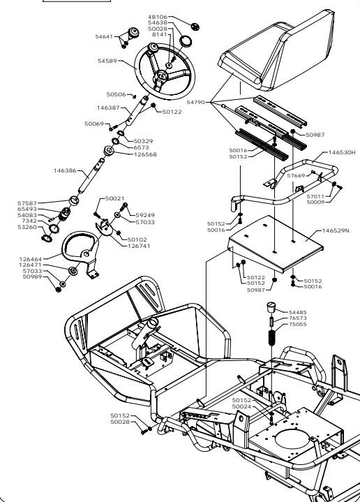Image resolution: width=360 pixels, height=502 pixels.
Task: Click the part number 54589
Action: pos(107,61)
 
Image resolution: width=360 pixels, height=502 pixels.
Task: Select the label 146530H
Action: pos(342,152)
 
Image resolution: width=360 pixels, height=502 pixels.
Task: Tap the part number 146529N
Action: pos(336,231)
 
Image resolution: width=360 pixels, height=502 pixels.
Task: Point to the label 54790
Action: pos(196,103)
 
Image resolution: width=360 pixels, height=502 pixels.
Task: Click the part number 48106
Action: pos(158,17)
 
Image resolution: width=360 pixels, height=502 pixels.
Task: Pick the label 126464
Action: pos(31,259)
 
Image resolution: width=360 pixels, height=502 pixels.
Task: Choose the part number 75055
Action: pos(298,325)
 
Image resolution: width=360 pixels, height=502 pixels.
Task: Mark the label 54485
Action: pos(298,312)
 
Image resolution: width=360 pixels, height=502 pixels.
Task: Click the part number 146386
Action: pos(65,170)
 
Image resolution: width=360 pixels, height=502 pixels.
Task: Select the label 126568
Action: pos(145,154)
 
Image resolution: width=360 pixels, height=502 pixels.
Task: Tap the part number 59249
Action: pos(145,215)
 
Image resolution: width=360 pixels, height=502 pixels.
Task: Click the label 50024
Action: pos(241,406)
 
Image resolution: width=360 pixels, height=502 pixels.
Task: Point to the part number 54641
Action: pos(104,37)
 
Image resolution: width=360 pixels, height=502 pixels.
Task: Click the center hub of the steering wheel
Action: pos(160,76)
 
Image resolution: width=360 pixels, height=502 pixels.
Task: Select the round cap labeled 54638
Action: pos(186,41)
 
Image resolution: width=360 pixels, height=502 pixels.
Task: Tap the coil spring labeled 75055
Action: pos(272,337)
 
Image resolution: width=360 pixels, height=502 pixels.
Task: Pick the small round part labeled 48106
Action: pos(195,27)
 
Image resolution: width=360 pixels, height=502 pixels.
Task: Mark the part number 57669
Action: pos(296,176)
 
